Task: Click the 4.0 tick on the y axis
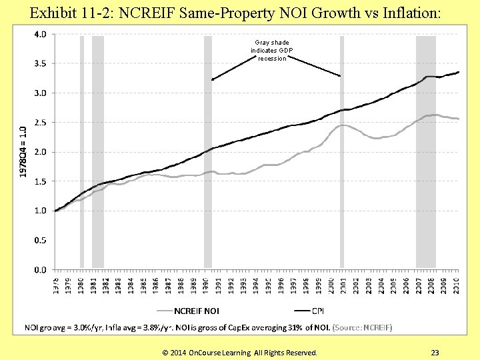(x=39, y=35)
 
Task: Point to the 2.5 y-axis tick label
(x=39, y=123)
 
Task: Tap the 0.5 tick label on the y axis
(x=39, y=240)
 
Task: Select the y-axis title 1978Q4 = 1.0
(x=23, y=151)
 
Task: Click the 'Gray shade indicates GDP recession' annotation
(x=270, y=51)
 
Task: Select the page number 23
(x=435, y=352)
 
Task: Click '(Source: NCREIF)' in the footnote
(x=362, y=327)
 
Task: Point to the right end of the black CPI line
(x=459, y=72)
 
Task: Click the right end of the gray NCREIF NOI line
(x=459, y=119)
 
